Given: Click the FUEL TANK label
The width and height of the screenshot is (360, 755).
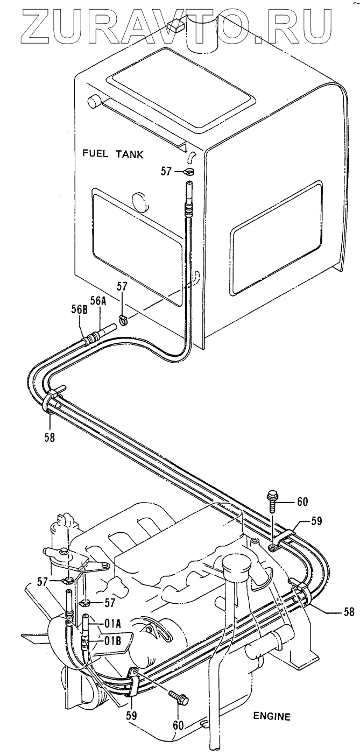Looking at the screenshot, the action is [113, 154].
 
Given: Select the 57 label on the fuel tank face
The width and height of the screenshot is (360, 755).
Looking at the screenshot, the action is [166, 171].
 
